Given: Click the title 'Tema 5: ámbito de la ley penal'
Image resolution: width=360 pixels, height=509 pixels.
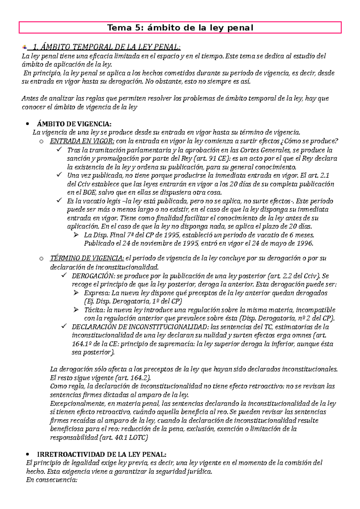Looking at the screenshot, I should [x=180, y=28].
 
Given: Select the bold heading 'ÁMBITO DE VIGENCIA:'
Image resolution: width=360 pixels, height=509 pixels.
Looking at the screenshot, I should [x=74, y=124].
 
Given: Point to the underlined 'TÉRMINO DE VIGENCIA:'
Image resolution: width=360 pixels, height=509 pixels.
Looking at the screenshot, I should [x=87, y=258].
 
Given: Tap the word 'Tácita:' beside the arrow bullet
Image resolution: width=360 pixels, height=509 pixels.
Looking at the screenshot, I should [x=94, y=310].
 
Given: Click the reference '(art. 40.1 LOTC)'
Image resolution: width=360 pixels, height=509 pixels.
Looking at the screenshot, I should [x=123, y=438].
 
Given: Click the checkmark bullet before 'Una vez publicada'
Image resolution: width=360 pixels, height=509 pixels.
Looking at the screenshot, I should [x=59, y=174].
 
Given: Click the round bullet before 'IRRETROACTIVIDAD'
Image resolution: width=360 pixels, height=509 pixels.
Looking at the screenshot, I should [x=27, y=454].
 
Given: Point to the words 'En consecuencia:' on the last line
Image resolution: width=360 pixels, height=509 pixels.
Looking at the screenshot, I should [x=52, y=480].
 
